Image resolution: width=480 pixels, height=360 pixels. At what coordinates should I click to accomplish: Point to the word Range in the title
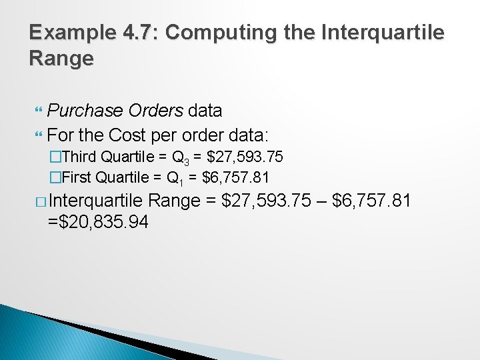click(x=61, y=59)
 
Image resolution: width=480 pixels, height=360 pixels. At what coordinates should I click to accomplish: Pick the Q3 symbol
click(x=181, y=159)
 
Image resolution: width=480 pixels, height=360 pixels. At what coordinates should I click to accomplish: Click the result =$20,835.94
click(x=98, y=222)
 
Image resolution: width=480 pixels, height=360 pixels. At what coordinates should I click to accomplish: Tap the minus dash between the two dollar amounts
click(x=325, y=200)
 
